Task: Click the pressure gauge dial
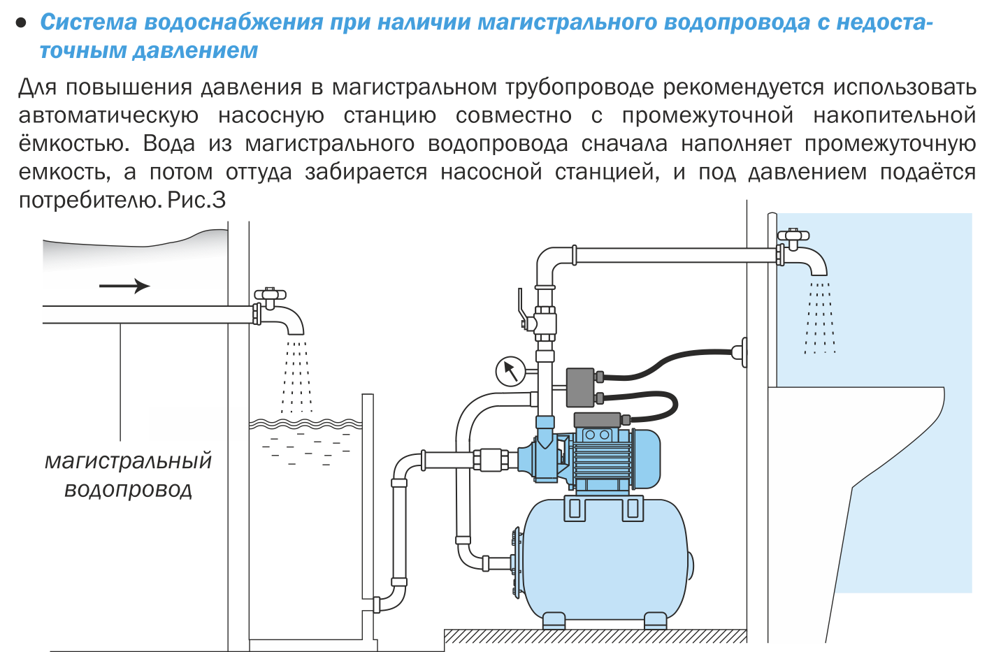coord(510,372)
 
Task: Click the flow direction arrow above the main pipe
coord(124,286)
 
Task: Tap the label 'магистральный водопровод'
coord(128,475)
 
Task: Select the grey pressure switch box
coord(580,387)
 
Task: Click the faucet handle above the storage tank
coord(270,295)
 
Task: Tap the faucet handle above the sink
coord(793,236)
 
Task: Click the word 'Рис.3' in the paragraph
coord(196,201)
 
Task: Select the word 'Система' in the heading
coord(89,22)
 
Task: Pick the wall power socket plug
coord(740,352)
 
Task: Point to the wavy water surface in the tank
coord(305,424)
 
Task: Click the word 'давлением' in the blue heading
coord(195,50)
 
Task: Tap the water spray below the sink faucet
coord(819,318)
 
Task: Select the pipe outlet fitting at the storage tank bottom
coord(377,604)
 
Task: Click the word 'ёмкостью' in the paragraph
coord(73,143)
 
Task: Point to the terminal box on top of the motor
coord(597,420)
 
